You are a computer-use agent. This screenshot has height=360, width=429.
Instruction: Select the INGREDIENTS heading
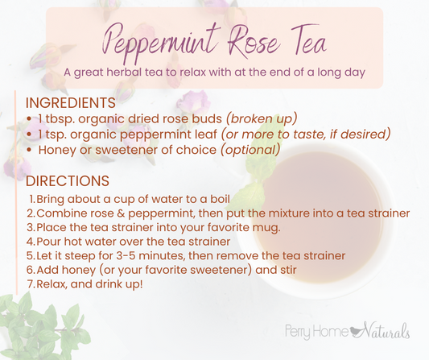point(71,104)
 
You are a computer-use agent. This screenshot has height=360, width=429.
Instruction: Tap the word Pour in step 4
point(51,240)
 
